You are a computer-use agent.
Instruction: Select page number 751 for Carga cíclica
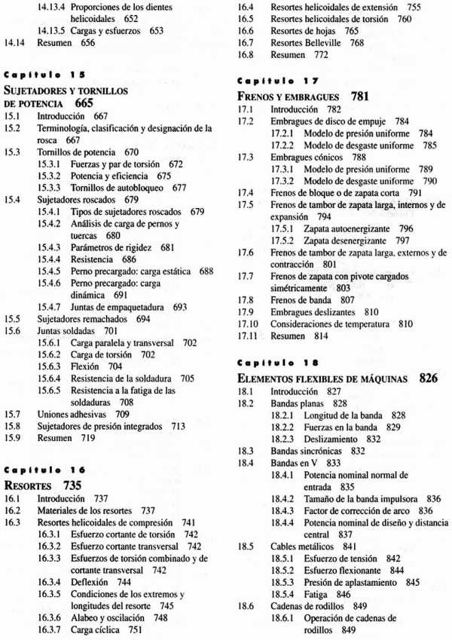point(137,628)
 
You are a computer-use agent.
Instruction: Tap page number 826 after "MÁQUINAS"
point(429,378)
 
